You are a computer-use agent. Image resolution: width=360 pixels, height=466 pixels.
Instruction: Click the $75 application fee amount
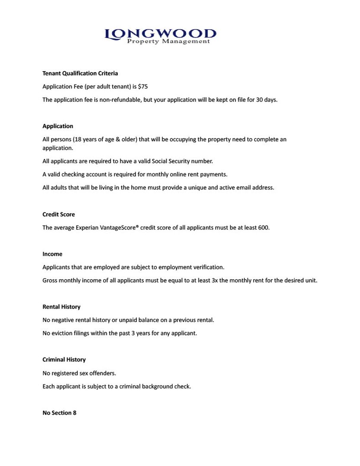pyautogui.click(x=143, y=86)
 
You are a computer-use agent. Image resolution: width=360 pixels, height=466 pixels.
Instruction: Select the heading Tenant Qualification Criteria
pyautogui.click(x=80, y=73)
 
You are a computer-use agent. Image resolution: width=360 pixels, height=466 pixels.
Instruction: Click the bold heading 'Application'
pyautogui.click(x=58, y=126)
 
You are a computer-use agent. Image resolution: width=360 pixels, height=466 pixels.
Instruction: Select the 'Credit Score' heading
pyautogui.click(x=59, y=214)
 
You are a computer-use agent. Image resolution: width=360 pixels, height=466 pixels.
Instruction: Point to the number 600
pyautogui.click(x=263, y=227)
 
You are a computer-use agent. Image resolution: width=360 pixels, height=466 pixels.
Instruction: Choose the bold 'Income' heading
pyautogui.click(x=52, y=254)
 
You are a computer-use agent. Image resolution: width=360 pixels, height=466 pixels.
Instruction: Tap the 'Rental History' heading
pyautogui.click(x=61, y=307)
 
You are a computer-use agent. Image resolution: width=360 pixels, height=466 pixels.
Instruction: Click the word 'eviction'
pyautogui.click(x=63, y=333)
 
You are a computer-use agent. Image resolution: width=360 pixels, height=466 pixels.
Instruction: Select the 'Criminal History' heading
pyautogui.click(x=64, y=359)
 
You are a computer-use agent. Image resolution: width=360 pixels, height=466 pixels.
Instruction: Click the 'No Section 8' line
pyautogui.click(x=60, y=413)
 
